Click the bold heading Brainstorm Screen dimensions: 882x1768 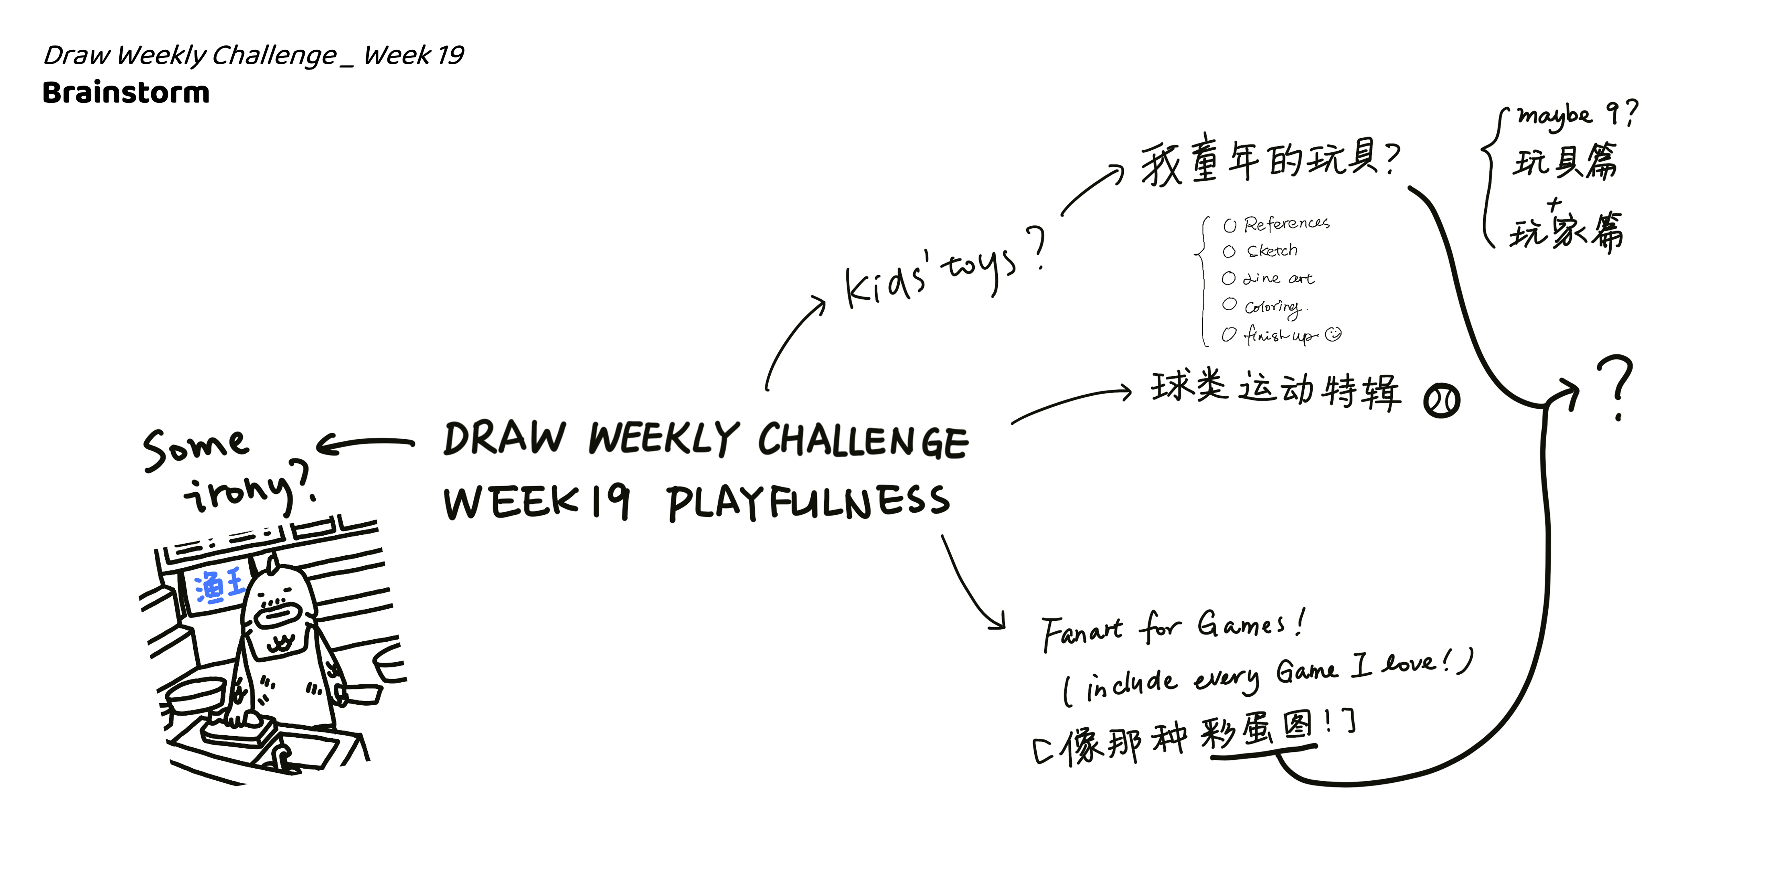(126, 93)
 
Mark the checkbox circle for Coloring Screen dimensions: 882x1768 (1228, 304)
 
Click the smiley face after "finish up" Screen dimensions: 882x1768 (1333, 334)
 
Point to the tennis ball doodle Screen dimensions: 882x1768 (1441, 401)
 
